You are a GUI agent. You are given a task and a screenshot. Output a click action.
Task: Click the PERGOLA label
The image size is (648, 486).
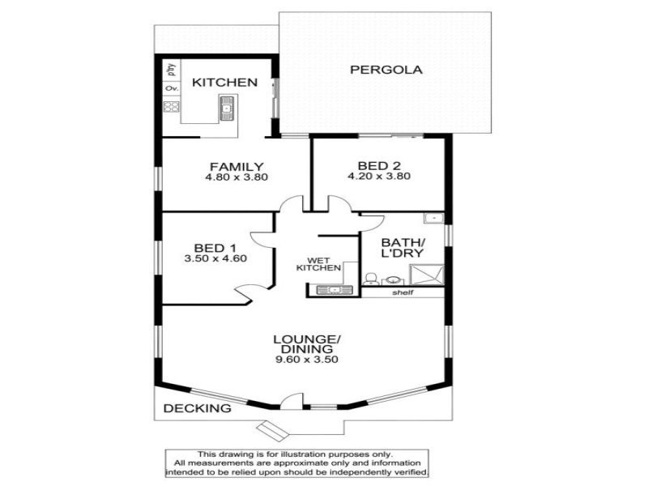pos(386,70)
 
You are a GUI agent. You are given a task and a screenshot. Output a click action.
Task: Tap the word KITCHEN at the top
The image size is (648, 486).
pos(224,83)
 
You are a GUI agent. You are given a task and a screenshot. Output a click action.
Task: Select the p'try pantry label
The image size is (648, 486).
pos(171,69)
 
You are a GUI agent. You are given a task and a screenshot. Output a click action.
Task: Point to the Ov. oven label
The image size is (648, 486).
pos(171,87)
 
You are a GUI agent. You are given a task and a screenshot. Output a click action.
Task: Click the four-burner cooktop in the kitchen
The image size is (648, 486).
pos(171,106)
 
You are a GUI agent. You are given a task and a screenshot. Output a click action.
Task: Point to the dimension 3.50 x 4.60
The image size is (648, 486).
pos(215,259)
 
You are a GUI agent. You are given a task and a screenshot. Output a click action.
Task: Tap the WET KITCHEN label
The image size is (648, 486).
pos(317,262)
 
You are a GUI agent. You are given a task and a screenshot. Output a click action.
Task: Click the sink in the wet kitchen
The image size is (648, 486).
pos(331,288)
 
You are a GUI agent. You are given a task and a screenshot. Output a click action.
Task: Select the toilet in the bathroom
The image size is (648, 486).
pos(370,279)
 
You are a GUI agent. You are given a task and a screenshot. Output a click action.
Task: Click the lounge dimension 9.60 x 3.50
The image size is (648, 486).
pos(305,360)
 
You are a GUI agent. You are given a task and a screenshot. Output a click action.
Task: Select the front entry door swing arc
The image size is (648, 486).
pos(289,399)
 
